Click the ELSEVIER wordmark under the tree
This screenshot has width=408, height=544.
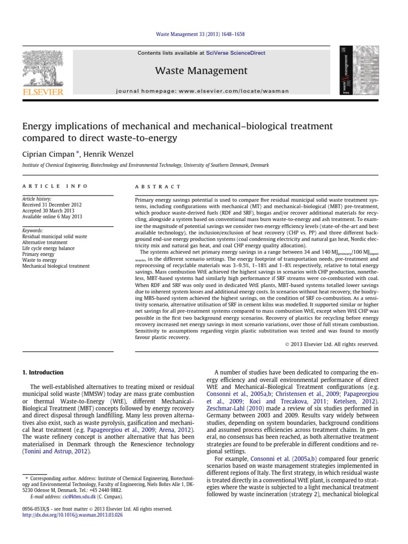pos(42,92)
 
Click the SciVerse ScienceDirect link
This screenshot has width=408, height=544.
pos(244,53)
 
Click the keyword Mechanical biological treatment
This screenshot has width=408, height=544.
pos(56,266)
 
